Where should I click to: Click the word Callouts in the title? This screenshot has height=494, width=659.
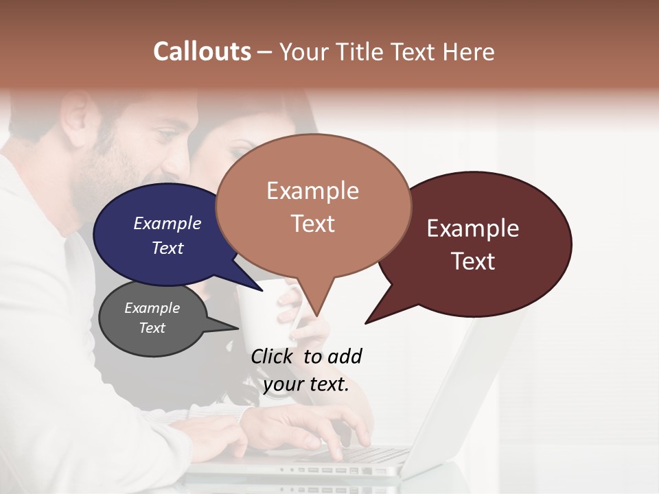[202, 51]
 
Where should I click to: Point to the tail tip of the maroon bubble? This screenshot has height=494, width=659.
[367, 322]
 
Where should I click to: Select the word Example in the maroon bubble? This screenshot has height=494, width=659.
[473, 228]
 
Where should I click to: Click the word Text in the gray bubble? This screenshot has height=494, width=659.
[152, 328]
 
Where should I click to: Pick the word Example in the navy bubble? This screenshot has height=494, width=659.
[167, 223]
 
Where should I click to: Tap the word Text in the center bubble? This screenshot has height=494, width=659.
[313, 224]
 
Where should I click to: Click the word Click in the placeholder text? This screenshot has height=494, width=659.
[273, 356]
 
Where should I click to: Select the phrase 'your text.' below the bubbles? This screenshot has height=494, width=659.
[306, 384]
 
